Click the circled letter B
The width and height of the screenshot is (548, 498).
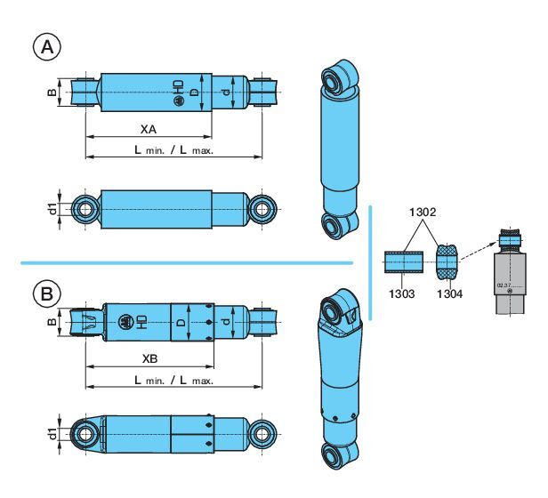click(45, 292)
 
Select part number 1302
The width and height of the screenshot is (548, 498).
click(422, 214)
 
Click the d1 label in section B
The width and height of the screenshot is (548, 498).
click(54, 435)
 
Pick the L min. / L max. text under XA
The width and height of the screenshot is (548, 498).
click(174, 151)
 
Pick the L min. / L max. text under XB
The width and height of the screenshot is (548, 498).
click(174, 381)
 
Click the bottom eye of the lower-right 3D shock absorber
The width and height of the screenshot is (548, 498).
click(339, 454)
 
